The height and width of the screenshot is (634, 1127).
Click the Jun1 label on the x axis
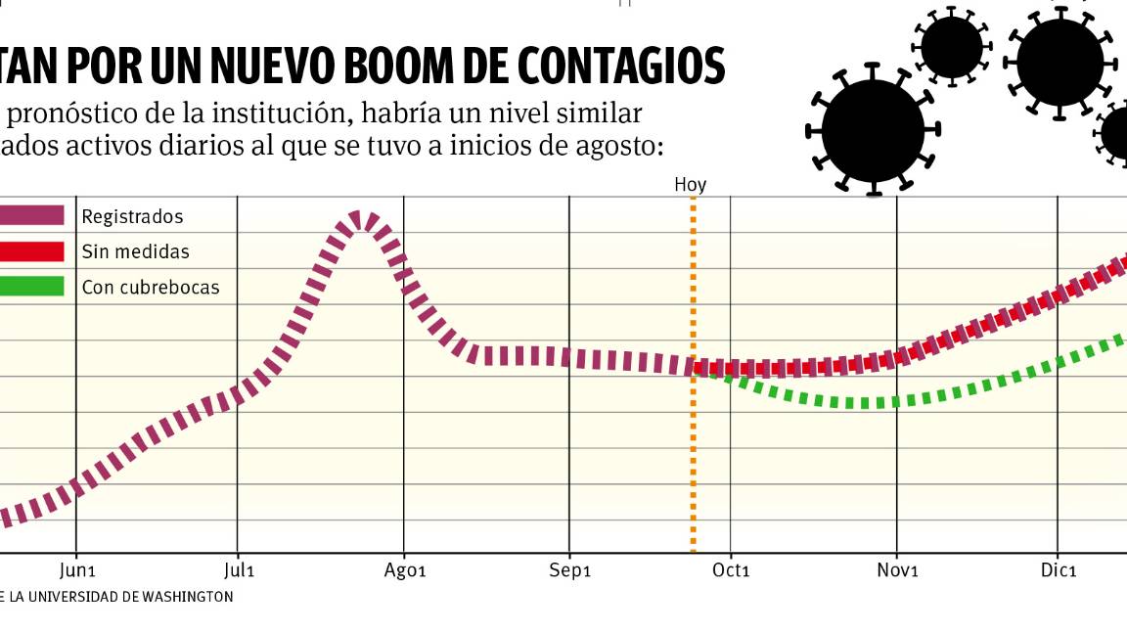77,570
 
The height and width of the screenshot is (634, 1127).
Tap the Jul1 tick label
239,570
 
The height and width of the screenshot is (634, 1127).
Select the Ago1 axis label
405,570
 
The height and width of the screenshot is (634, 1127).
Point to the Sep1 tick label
570,570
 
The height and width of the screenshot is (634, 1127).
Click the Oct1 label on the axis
731,570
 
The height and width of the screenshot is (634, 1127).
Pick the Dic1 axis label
1059,570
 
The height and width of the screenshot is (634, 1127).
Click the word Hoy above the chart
690,185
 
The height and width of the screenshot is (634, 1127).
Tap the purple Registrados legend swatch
31,215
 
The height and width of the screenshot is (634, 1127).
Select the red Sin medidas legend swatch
31,251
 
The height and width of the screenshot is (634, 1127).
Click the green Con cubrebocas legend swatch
31,287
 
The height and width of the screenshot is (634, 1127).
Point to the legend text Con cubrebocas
151,288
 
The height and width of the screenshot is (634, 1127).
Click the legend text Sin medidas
135,251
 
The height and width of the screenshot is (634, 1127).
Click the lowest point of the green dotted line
861,403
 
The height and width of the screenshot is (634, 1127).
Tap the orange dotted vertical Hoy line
693,460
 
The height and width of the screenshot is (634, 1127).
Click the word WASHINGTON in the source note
186,596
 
